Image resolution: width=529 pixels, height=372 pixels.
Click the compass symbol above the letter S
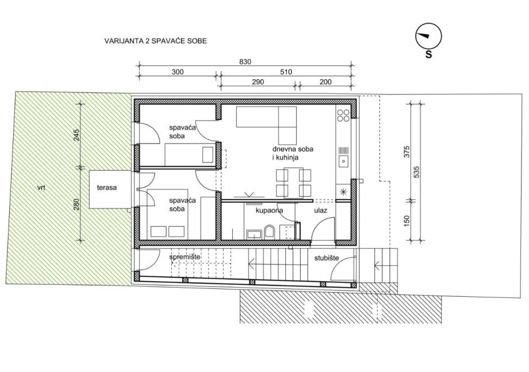(428, 36)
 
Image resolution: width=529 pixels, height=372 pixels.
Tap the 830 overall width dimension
(246, 61)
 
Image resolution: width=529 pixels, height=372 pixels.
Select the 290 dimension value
(258, 82)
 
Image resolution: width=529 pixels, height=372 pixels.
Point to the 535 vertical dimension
(416, 172)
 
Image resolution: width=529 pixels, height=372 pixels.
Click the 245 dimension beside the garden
(76, 135)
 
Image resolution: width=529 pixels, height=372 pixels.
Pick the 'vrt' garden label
(41, 188)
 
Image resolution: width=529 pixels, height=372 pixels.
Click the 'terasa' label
(107, 188)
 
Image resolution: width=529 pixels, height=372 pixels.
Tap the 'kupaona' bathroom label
(269, 211)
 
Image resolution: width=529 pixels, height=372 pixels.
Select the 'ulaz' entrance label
(320, 211)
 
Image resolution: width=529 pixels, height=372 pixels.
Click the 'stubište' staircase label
(327, 258)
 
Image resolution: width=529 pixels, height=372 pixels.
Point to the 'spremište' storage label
(185, 257)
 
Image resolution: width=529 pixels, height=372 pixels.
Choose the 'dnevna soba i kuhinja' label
(293, 153)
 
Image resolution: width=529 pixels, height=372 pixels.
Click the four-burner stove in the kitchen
(343, 115)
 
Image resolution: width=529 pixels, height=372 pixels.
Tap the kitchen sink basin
(343, 161)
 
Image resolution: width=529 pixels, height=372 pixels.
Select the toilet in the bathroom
(270, 231)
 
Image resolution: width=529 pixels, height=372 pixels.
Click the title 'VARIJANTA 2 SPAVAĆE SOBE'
(155, 41)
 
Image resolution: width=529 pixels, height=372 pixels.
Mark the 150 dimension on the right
(407, 220)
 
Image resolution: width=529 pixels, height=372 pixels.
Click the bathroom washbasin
(254, 234)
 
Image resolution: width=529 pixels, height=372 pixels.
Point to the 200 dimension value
(325, 82)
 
